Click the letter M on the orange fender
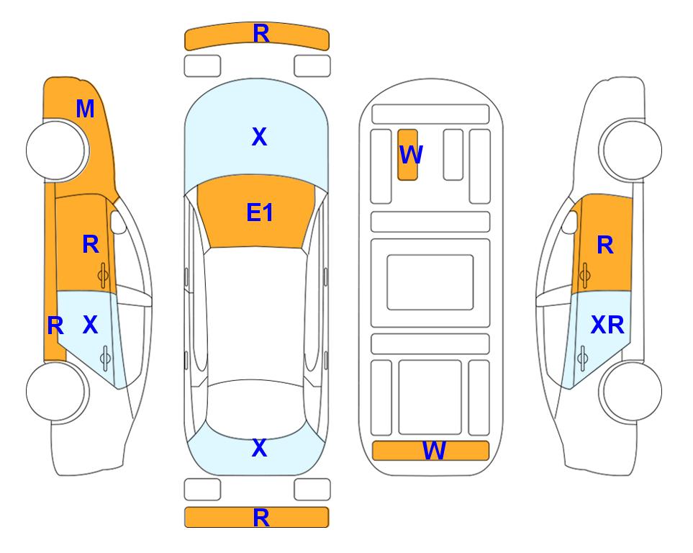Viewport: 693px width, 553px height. (85, 109)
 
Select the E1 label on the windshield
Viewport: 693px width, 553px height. (260, 212)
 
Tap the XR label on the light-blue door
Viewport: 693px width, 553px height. (607, 325)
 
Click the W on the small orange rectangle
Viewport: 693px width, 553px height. (411, 154)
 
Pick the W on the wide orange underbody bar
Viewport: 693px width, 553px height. (434, 451)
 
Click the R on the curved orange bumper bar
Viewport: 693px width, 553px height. (261, 34)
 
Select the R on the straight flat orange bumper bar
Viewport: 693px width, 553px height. (261, 518)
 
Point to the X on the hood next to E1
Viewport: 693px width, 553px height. (260, 137)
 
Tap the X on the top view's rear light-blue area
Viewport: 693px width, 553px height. (260, 448)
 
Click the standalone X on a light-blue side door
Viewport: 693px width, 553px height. (90, 325)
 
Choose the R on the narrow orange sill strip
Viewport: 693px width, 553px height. (55, 326)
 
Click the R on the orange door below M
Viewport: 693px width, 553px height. (91, 244)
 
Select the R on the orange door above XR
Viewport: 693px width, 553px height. (605, 245)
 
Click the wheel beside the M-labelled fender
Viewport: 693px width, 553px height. (57, 150)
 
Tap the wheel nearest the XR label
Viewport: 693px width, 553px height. (631, 391)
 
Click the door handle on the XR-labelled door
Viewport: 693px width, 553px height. (583, 358)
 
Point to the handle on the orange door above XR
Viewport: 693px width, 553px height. (584, 275)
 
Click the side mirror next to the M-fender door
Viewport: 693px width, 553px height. (118, 222)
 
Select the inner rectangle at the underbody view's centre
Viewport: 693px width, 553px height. (430, 282)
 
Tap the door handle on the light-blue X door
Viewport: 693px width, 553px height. (105, 358)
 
